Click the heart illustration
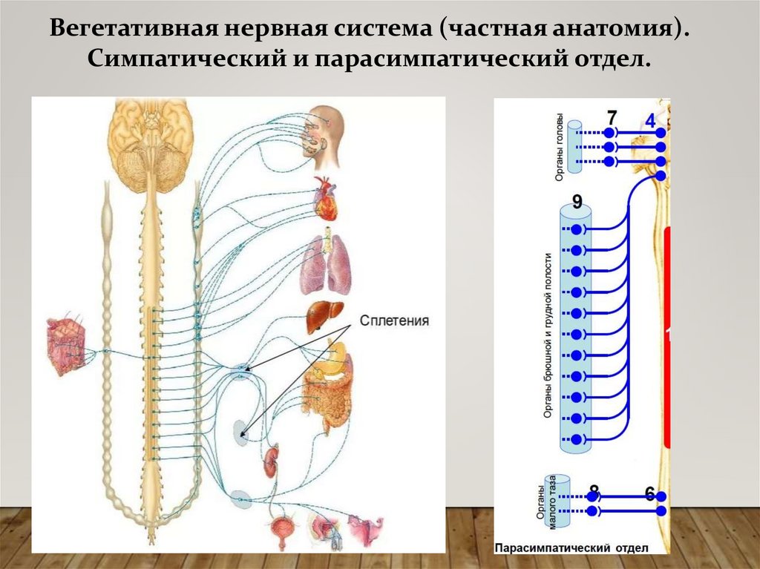click(325, 198)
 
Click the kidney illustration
click(270, 460)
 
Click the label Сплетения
click(395, 320)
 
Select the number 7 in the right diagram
click(611, 118)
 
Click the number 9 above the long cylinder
click(577, 202)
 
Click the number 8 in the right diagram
click(593, 490)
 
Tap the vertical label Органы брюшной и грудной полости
click(550, 336)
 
